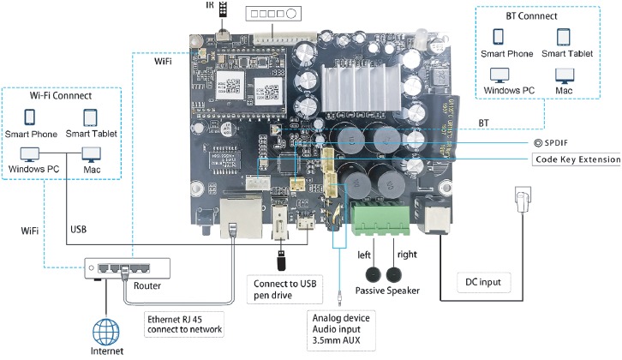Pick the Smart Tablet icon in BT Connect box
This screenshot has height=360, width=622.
point(563,38)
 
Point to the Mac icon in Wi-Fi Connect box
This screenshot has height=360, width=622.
point(92,154)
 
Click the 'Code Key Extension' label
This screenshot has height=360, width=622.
point(577,159)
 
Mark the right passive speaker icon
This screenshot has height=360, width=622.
point(394,274)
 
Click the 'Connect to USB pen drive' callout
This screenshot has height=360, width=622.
point(284,287)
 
